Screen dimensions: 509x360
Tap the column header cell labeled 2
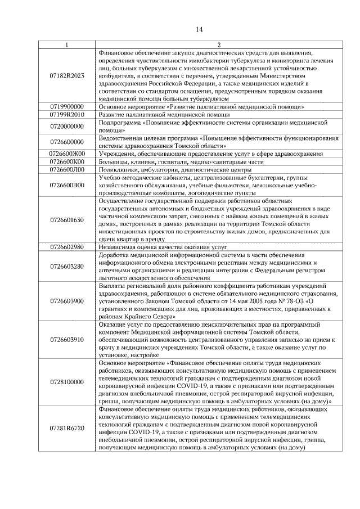219,44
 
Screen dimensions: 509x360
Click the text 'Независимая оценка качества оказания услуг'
161,246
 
